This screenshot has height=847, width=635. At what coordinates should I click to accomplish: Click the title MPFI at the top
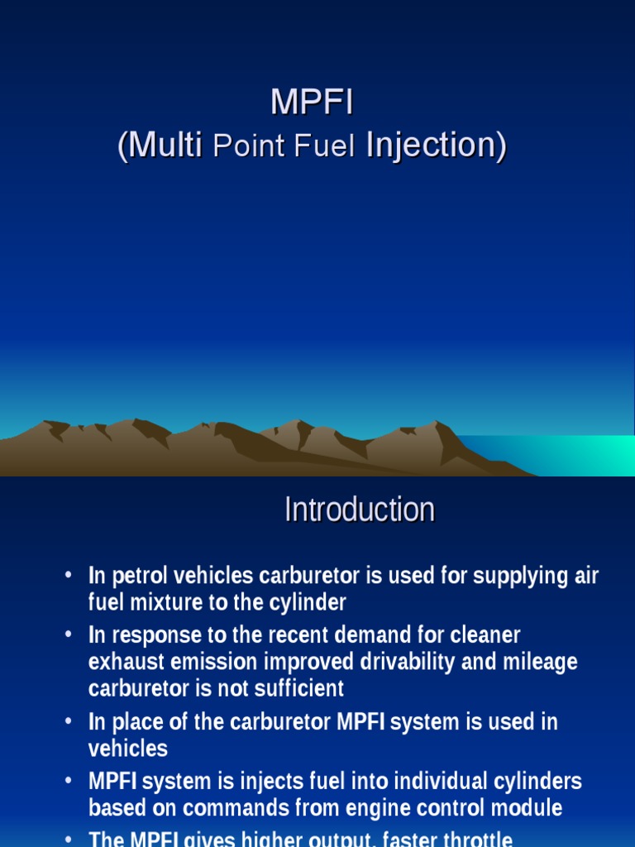click(312, 103)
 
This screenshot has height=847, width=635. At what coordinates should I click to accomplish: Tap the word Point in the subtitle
click(244, 147)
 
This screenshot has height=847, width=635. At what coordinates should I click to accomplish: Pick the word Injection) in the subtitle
click(435, 146)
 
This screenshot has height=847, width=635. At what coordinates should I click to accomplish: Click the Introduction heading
click(359, 510)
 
